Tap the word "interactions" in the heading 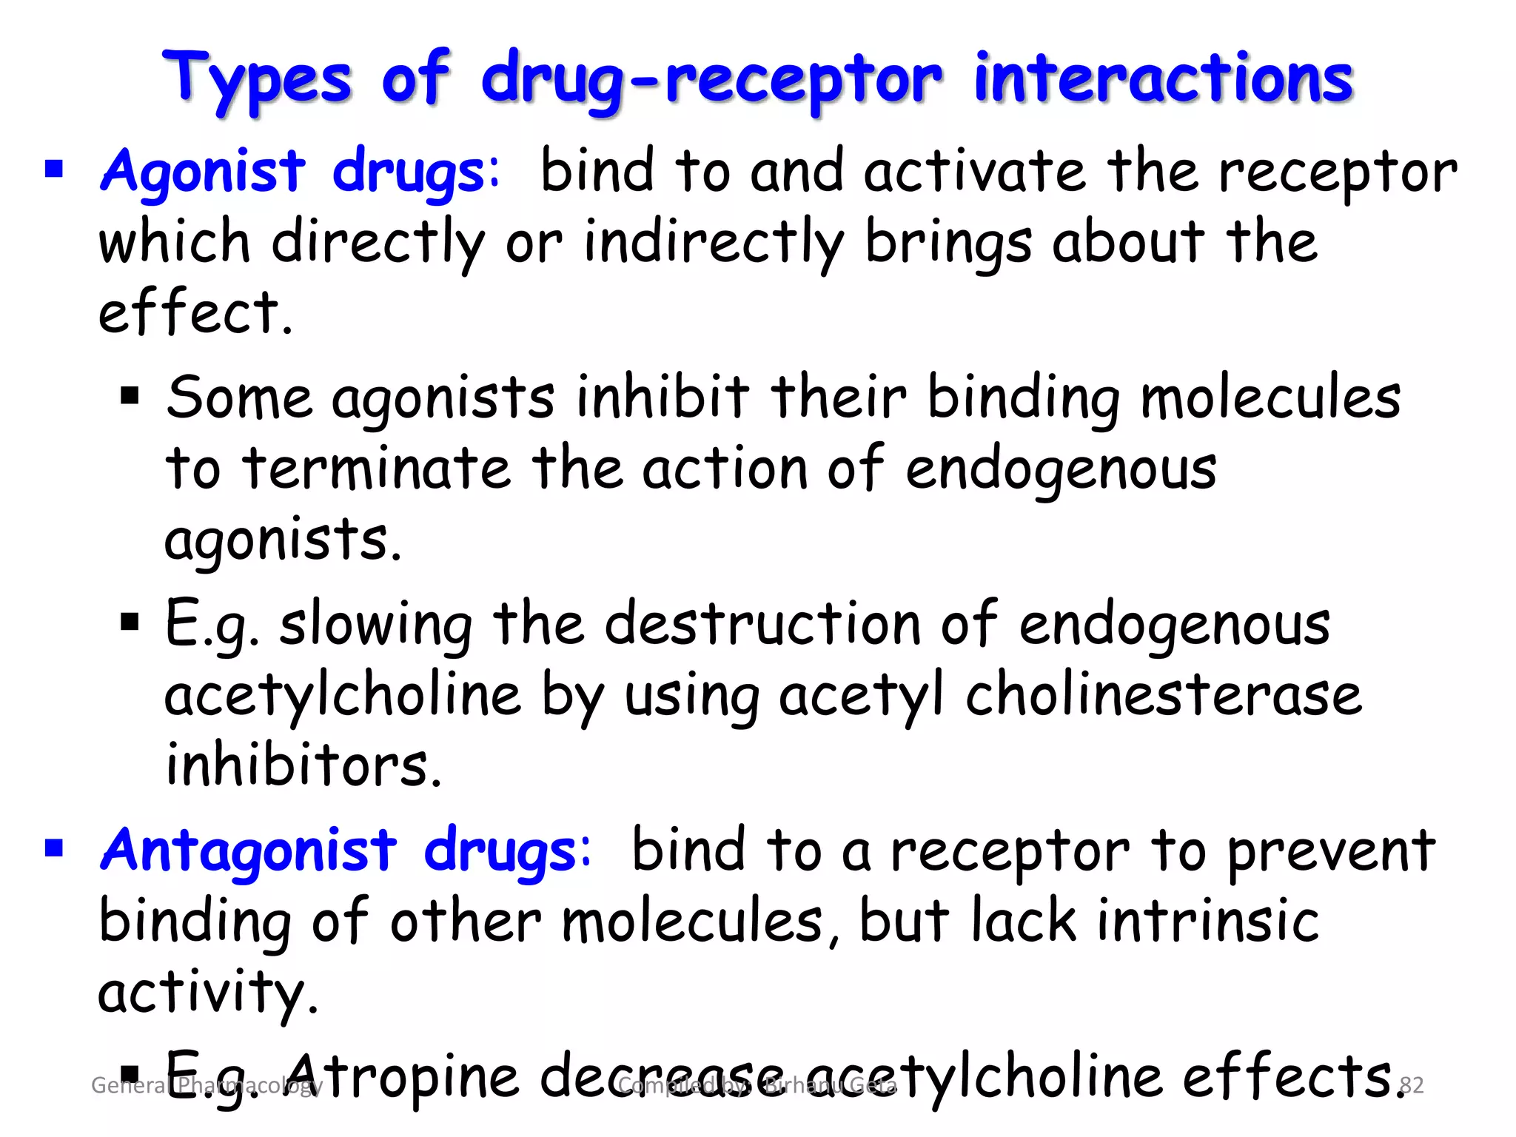point(1164,78)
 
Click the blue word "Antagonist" point(249,850)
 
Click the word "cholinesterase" point(1163,695)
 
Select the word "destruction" point(762,624)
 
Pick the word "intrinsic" point(1207,921)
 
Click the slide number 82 point(1412,1085)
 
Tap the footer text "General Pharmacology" point(207,1085)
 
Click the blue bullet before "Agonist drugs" point(54,170)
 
